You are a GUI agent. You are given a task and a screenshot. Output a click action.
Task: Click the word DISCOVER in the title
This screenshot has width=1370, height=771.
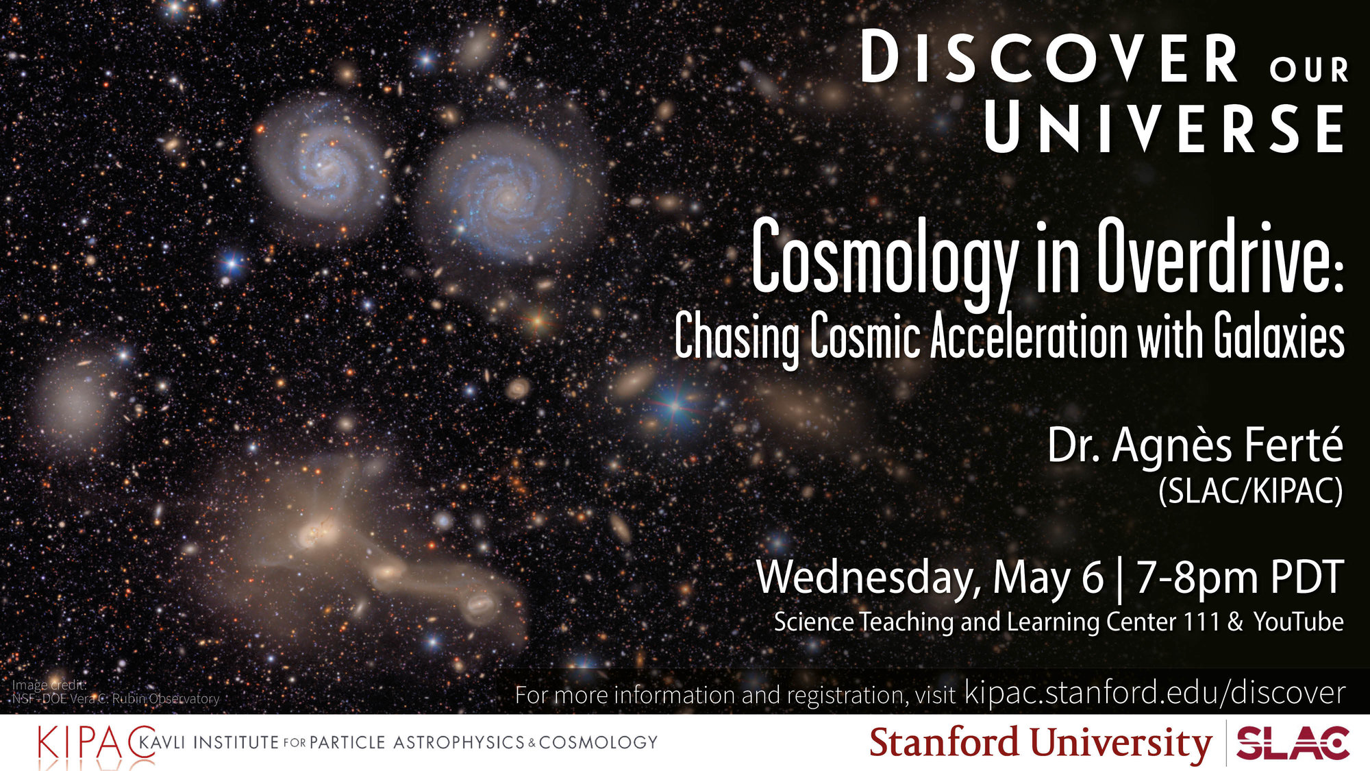tap(1049, 58)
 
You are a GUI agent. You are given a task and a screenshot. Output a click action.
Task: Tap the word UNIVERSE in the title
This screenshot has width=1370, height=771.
tap(1164, 128)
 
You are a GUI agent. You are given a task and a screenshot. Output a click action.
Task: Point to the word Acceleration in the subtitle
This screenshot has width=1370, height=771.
tap(1029, 336)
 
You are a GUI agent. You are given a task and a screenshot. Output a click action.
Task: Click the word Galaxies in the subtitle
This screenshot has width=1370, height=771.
tap(1279, 336)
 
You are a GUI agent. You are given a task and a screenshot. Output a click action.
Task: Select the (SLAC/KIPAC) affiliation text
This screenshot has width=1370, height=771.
tap(1251, 491)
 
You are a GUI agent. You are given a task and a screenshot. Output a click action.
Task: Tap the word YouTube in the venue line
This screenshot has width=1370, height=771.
tap(1299, 622)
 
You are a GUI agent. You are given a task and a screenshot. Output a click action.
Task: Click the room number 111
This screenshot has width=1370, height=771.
tap(1200, 622)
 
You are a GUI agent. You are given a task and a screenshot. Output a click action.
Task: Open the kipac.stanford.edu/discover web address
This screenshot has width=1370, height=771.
tap(1155, 692)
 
